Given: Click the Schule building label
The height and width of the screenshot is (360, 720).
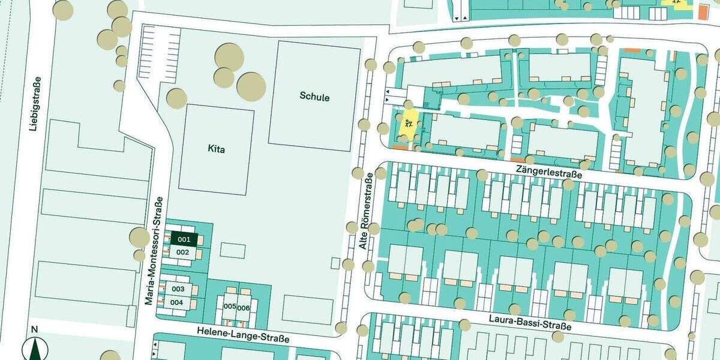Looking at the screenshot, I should tap(314, 97).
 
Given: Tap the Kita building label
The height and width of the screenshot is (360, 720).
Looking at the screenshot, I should tap(216, 149).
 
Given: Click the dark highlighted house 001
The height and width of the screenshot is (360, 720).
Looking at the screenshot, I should tap(184, 239).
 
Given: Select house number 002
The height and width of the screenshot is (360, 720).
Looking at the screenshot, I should tap(183, 253).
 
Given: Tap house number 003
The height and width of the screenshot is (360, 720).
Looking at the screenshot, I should tap(178, 289).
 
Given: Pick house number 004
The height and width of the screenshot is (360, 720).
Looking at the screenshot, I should tap(176, 302).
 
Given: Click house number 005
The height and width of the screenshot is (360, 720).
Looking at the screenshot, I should tap(229, 307).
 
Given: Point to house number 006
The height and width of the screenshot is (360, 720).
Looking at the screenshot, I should tap(243, 308).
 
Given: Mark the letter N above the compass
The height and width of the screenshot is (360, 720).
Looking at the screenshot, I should tap(34, 329).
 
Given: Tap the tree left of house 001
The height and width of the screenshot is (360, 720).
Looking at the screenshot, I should tap(139, 238).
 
